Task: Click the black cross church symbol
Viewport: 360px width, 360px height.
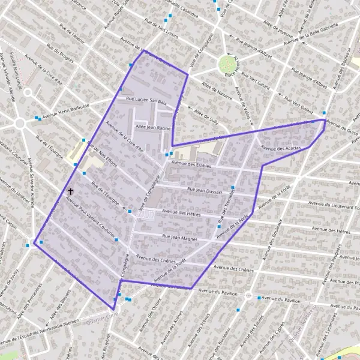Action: pyautogui.click(x=71, y=191)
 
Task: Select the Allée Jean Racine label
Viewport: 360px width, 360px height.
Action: pyautogui.click(x=154, y=128)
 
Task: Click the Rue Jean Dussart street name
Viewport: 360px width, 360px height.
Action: pyautogui.click(x=205, y=191)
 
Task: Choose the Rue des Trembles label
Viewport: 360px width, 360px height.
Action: pyautogui.click(x=229, y=211)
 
